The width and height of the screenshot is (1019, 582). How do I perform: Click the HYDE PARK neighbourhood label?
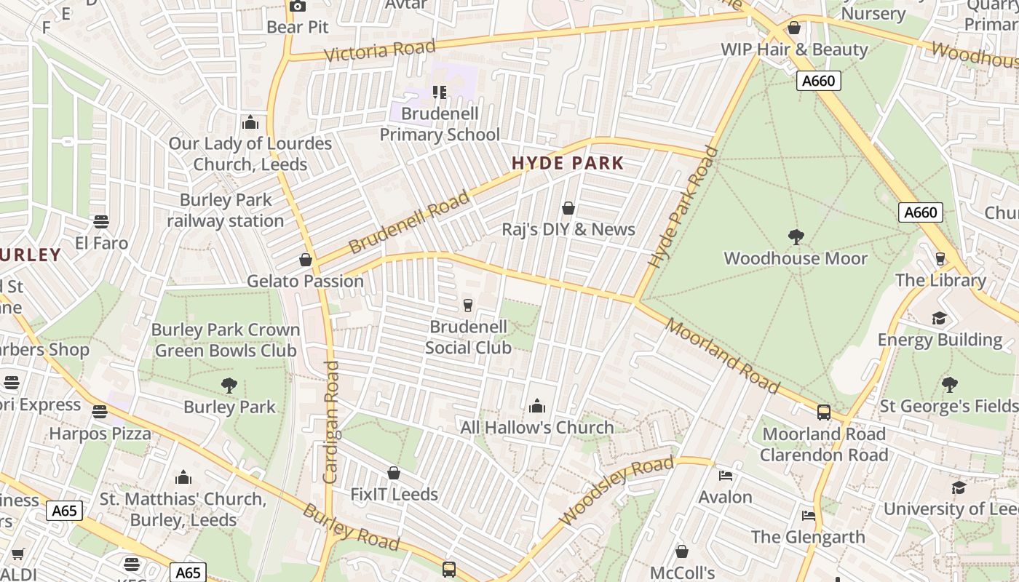tap(568, 163)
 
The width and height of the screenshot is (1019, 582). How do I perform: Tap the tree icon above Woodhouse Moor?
tap(796, 236)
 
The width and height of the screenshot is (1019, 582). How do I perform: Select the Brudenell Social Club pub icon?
tap(468, 305)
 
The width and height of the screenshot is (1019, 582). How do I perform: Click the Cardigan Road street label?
tap(331, 422)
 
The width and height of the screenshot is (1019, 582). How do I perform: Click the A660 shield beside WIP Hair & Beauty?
tap(818, 81)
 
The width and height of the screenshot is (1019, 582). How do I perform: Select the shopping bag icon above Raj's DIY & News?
tap(568, 209)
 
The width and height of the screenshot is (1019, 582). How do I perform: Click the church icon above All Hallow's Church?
tap(537, 405)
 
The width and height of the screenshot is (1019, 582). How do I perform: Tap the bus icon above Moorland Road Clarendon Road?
tap(824, 412)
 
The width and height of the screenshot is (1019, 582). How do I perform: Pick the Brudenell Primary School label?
tap(440, 124)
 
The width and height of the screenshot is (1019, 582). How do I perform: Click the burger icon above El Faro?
tap(101, 221)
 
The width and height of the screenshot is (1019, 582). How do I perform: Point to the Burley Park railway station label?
tap(226, 210)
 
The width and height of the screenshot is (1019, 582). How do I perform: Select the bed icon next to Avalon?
tap(726, 476)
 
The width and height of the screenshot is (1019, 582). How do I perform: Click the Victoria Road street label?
tap(379, 51)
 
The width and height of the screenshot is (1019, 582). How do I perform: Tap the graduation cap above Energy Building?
tap(940, 318)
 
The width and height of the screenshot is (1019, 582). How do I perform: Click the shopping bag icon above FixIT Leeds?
tap(394, 474)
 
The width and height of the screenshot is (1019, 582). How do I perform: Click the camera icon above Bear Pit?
tap(297, 6)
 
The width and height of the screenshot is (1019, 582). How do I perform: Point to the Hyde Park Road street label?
tap(683, 207)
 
